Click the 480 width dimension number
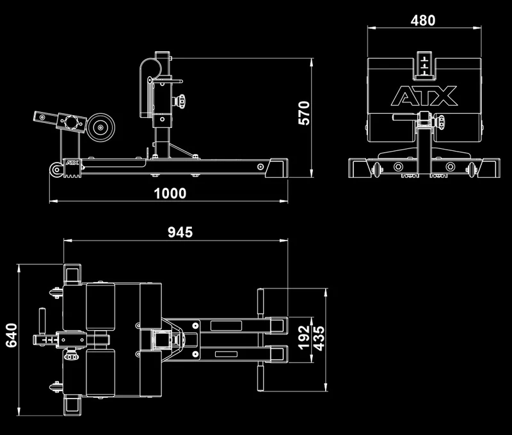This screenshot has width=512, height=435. [423, 20]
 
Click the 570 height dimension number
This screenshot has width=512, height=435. [304, 113]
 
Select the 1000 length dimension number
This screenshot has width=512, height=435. [170, 193]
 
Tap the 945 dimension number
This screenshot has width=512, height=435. [180, 232]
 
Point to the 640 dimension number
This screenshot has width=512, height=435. [12, 335]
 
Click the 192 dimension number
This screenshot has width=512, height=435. [304, 337]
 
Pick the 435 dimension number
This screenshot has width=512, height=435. [319, 338]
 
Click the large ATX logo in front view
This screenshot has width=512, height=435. [424, 96]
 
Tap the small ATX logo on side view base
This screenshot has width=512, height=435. [72, 162]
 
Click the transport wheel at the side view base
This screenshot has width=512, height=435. [56, 170]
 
